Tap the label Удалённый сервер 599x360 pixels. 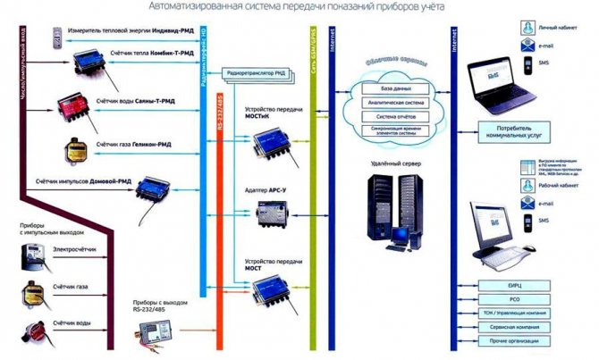(389, 164)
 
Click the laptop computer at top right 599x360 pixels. (500, 79)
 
